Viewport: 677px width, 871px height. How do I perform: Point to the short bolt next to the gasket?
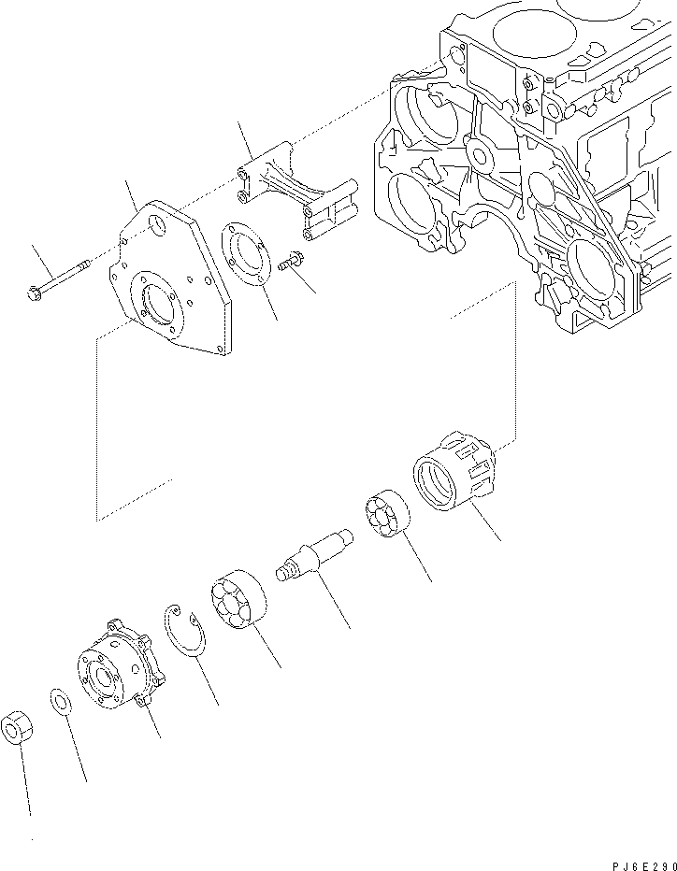pos(291,263)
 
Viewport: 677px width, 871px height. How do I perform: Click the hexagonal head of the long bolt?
pos(36,293)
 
